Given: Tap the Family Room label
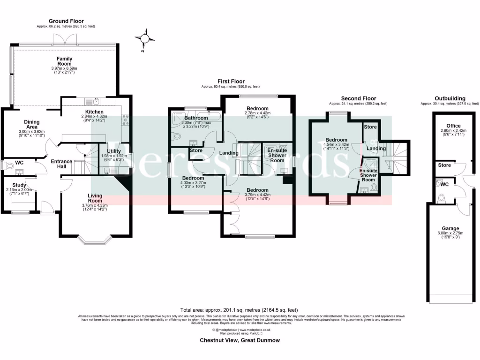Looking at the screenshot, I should (x=65, y=61).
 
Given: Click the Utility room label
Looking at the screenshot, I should (x=114, y=151).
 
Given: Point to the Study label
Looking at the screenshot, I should (x=19, y=185).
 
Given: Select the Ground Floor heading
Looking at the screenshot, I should (x=66, y=21).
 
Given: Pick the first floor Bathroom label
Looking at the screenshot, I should (x=196, y=118).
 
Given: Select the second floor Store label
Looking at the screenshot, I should (x=370, y=127).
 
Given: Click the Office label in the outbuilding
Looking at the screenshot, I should (x=453, y=126).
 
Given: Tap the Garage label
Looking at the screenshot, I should (x=450, y=229).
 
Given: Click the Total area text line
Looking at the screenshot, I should (x=240, y=310).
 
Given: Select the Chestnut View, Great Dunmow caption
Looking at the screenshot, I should (x=240, y=340).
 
